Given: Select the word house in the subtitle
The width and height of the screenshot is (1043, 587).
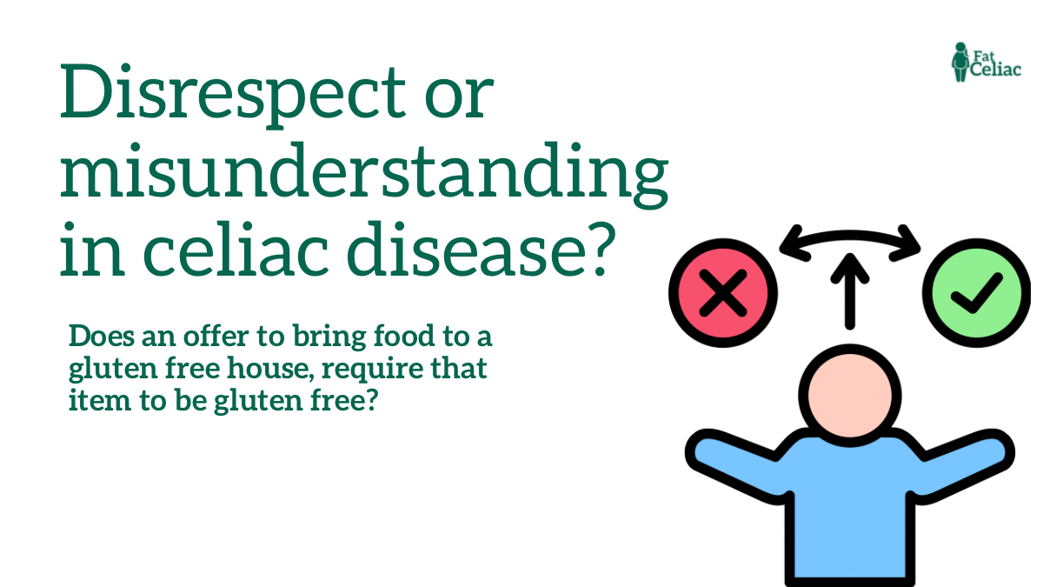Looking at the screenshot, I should click(295, 369).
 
